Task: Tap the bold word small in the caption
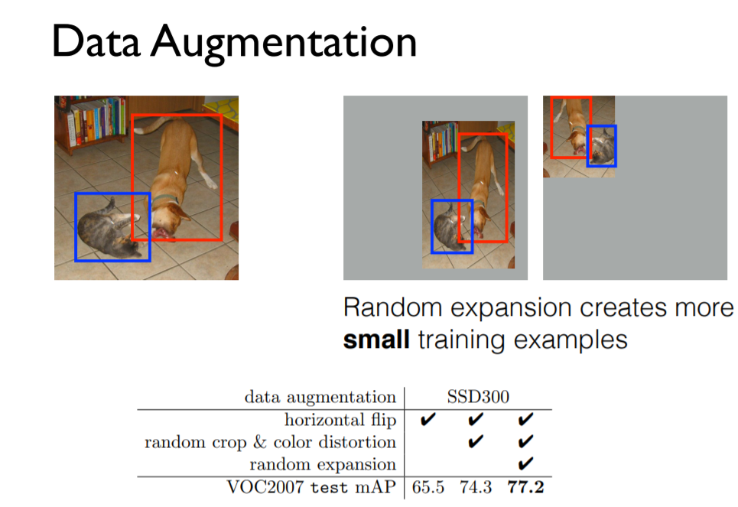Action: click(376, 338)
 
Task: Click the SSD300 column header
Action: click(478, 397)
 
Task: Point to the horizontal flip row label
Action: click(340, 420)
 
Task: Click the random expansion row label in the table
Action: click(323, 464)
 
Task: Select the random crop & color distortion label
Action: click(271, 442)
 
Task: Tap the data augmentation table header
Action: click(320, 397)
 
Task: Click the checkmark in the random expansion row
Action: click(525, 463)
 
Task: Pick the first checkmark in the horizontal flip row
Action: click(428, 420)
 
